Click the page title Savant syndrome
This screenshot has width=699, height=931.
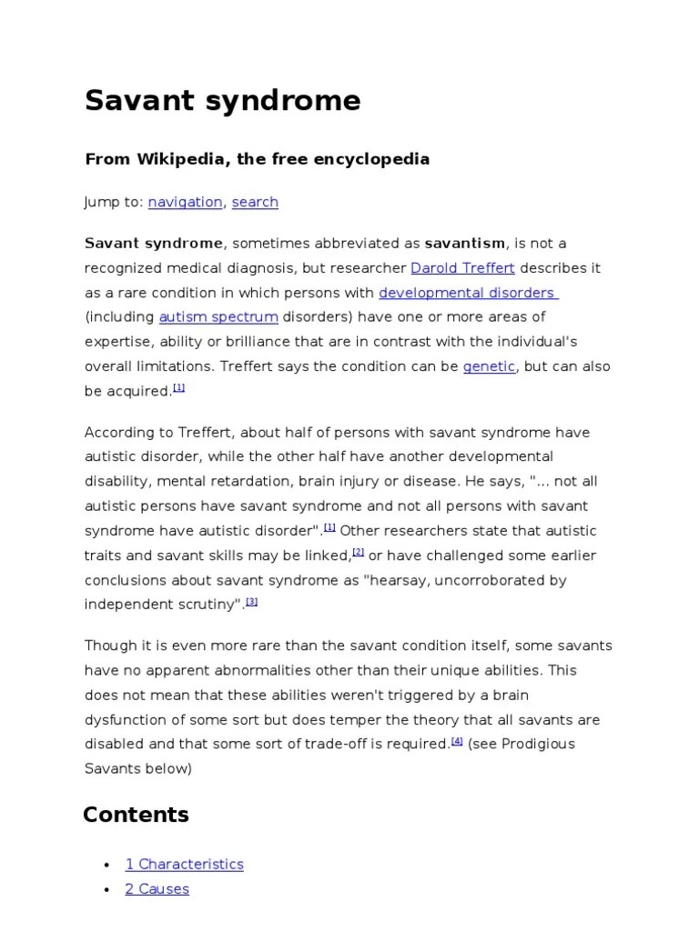pos(222,100)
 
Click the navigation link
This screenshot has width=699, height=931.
pos(185,202)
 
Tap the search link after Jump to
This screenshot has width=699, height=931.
pos(255,202)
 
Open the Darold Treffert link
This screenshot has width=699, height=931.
pos(462,268)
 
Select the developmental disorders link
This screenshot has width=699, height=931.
pos(468,293)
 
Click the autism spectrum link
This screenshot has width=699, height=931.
pos(218,317)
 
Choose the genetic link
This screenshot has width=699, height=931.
pos(489,366)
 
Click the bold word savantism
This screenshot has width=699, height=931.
pos(464,244)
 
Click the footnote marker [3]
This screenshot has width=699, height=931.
pos(252,601)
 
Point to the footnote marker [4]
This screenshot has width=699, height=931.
pos(457,741)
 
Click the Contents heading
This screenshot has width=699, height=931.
pos(136,815)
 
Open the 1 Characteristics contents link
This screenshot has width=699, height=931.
pos(185,864)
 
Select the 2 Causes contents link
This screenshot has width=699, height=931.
pos(157,888)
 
